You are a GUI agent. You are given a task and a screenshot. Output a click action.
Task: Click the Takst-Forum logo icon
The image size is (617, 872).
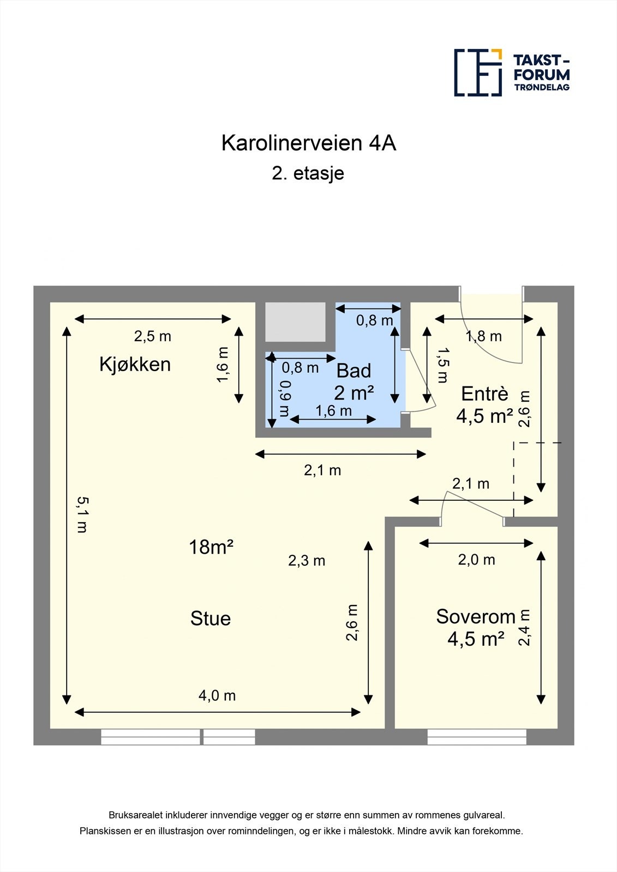[x=478, y=72]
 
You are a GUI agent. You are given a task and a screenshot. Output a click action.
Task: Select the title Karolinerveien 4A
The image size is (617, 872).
[x=308, y=143]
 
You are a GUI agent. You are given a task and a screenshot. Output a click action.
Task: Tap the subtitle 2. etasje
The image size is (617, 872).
[x=308, y=173]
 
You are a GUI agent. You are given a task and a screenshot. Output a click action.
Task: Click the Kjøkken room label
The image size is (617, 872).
[x=135, y=364]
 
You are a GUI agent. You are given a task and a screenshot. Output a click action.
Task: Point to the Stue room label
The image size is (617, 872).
[x=211, y=619]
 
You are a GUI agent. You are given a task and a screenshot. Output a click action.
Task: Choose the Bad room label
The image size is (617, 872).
[x=354, y=371]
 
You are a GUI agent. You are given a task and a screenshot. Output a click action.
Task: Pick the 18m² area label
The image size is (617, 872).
[x=211, y=547]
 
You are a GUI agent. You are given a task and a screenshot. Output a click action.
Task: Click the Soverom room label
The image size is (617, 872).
[x=476, y=616]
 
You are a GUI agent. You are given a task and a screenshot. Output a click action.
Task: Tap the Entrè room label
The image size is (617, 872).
[x=484, y=393]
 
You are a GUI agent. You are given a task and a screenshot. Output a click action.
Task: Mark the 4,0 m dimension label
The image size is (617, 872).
[x=217, y=695]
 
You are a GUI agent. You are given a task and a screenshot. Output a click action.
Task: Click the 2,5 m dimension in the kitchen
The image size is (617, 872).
[x=153, y=336]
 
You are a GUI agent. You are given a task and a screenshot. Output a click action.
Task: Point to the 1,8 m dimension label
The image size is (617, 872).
[x=483, y=336]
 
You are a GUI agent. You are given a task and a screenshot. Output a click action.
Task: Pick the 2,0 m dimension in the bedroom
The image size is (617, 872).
[x=477, y=560]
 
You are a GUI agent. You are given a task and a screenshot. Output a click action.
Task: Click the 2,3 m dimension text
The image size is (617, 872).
[x=307, y=560]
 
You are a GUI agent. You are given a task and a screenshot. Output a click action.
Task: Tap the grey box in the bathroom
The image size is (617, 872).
[x=295, y=322]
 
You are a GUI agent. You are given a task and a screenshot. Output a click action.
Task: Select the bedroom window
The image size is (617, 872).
[x=477, y=737]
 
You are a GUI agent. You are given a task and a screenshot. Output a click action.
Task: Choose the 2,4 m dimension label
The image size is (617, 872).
[x=524, y=627]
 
